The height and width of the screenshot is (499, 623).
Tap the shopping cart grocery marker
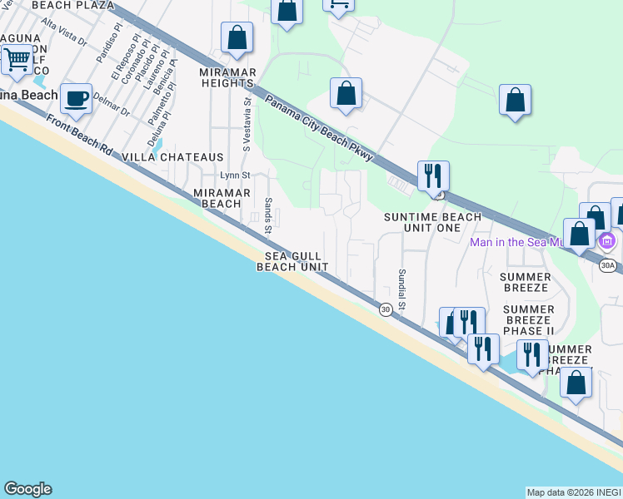[16, 60]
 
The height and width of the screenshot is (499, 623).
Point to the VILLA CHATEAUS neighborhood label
[172, 157]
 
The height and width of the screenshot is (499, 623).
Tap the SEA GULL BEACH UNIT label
[292, 261]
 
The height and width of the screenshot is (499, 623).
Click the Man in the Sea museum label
[531, 242]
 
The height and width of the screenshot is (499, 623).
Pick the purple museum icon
[606, 242]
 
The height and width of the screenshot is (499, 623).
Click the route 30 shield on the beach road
[386, 309]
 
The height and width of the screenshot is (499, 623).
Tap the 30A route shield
[608, 265]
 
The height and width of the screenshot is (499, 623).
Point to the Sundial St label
[401, 289]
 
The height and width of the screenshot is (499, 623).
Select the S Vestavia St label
[247, 124]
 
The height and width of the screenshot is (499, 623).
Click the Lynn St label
[234, 175]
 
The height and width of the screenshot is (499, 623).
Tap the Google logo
[27, 489]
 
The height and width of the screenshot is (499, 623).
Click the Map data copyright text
[574, 492]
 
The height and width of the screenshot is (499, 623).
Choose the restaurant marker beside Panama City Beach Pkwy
[433, 175]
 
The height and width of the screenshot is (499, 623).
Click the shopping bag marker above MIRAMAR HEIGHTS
[237, 38]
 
